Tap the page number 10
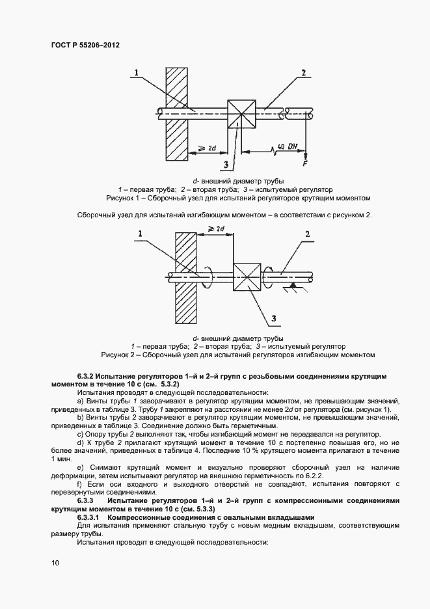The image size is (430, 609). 55,563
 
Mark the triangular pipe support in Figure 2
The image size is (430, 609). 295,286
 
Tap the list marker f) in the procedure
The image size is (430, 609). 80,484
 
